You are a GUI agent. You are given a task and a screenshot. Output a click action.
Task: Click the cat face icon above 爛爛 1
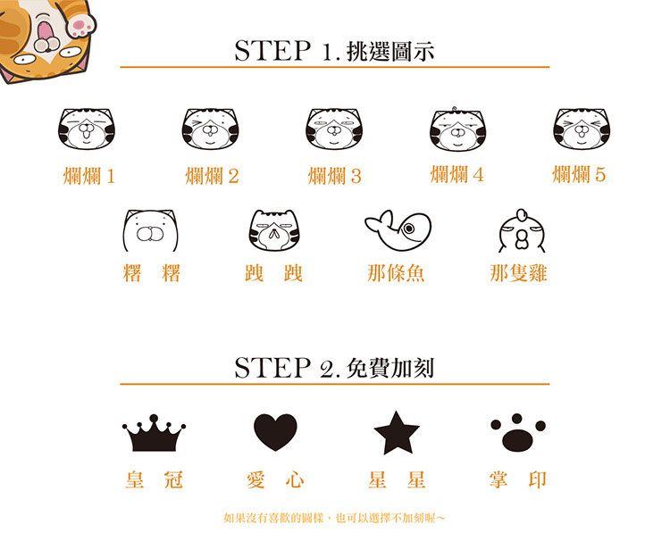[x=87, y=129]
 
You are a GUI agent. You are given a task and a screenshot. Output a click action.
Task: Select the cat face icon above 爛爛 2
[x=210, y=129]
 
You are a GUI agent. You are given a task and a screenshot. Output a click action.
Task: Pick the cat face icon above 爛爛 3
[x=334, y=129]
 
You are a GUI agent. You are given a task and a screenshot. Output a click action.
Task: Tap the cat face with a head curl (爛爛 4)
[x=457, y=129]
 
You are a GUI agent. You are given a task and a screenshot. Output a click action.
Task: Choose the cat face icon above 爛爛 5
[x=582, y=129]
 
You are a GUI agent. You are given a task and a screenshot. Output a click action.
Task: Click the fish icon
[x=398, y=230]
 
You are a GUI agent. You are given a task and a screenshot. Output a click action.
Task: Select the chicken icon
[x=522, y=230]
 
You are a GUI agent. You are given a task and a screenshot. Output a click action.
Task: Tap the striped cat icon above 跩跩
[x=274, y=230]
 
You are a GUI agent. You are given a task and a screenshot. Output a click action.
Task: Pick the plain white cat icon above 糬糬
[x=150, y=230]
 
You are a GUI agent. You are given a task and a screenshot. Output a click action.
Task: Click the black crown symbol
[x=154, y=433]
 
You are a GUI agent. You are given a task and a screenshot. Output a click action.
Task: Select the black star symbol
[x=397, y=433]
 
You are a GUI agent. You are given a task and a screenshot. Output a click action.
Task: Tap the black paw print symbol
[x=518, y=432]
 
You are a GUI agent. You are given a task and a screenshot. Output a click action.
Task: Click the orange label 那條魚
[x=396, y=273]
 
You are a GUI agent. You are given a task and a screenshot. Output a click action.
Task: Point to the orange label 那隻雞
[x=518, y=273]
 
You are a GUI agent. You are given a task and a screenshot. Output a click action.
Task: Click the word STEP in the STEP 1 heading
[x=272, y=51]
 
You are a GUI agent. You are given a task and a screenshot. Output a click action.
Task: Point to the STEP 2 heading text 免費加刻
[x=390, y=369]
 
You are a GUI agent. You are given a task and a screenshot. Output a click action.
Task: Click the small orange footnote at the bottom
[x=334, y=519]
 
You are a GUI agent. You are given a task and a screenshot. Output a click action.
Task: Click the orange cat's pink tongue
[x=45, y=30]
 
